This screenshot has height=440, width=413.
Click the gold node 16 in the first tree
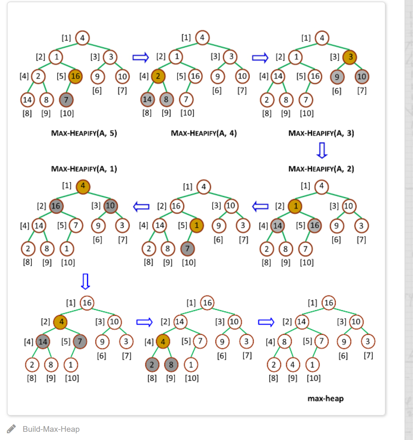point(75,76)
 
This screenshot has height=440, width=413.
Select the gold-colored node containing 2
point(158,76)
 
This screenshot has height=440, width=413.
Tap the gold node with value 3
point(350,57)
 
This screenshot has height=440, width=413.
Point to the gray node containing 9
point(337,77)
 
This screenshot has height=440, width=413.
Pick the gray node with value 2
point(152,365)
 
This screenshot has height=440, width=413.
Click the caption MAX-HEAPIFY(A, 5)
point(84,133)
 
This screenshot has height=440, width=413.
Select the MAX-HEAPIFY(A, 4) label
point(204,133)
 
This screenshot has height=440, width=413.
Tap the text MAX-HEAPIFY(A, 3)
point(321,133)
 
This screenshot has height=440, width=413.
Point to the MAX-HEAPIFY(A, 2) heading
point(321,169)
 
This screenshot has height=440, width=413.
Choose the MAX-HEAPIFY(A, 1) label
point(84,169)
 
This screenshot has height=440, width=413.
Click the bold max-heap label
point(326,398)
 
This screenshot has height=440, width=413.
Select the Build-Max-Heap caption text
point(51,429)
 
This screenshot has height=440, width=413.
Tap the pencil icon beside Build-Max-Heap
point(11,429)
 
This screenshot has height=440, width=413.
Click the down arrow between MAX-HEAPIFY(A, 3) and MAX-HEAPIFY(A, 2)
point(322,150)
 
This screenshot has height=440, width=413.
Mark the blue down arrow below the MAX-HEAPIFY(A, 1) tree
point(86,281)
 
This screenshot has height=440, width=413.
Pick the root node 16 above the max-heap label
point(329,303)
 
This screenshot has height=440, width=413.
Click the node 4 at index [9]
point(292,365)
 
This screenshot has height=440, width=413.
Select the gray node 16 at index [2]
point(56,206)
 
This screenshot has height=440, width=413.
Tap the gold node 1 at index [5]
point(197,226)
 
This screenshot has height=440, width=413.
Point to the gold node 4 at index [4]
point(163,341)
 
